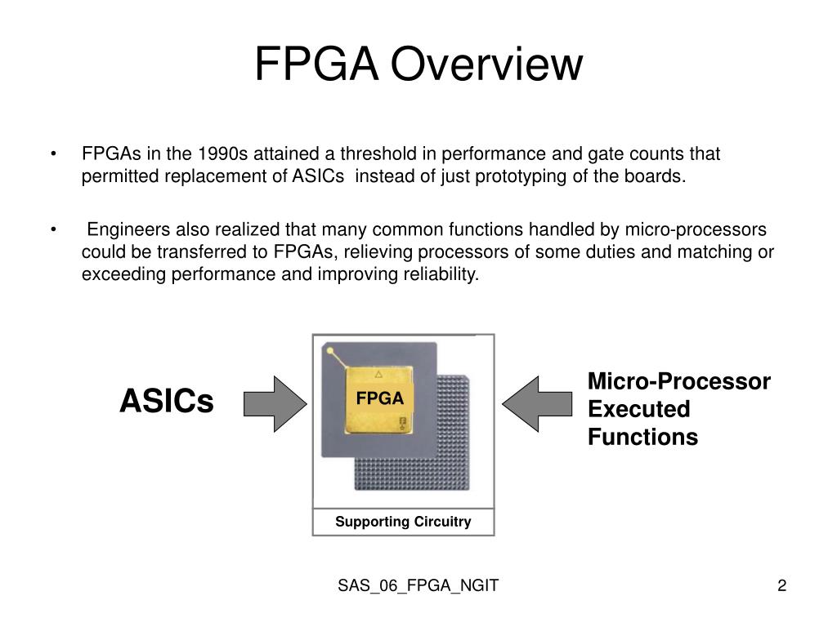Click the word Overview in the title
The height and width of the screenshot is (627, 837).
(487, 64)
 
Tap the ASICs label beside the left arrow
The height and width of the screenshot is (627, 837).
(166, 401)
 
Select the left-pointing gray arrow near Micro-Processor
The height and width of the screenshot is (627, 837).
(536, 402)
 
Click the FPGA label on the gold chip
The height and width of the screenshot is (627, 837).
(380, 399)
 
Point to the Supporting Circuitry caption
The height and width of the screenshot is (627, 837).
(403, 522)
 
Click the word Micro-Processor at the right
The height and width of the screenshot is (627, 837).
(678, 381)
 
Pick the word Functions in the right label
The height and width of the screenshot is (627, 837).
(642, 437)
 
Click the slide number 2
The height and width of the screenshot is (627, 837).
(781, 585)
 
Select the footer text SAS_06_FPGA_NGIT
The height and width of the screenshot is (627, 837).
(418, 585)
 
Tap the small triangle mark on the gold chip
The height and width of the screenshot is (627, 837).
(378, 375)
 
